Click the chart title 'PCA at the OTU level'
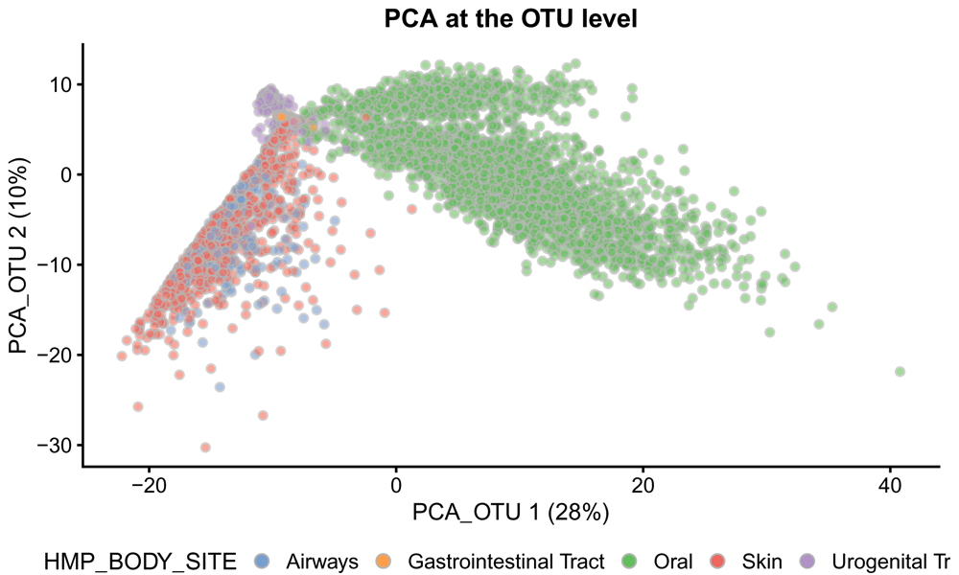tap(510, 19)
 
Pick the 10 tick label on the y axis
tap(63, 84)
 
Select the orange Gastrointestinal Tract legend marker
tap(383, 561)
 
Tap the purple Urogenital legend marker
tap(808, 561)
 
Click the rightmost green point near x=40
tap(900, 371)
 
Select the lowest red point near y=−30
tap(205, 448)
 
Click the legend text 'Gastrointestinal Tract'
tap(506, 561)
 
